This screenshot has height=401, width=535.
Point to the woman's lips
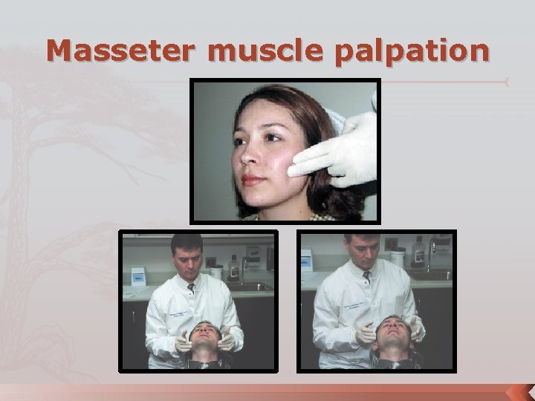[253, 179]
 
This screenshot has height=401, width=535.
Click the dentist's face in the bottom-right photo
[365, 256]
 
